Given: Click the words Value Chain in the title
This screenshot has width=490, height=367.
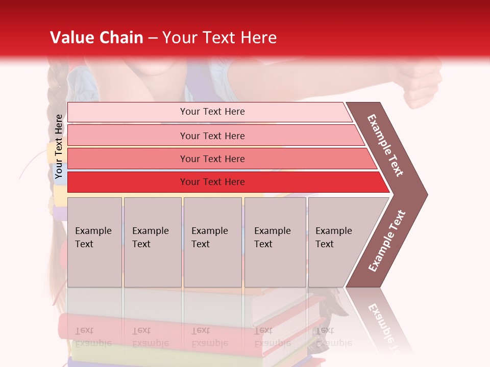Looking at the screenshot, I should (x=96, y=38).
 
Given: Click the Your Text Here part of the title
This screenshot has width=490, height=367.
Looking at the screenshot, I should (x=219, y=38).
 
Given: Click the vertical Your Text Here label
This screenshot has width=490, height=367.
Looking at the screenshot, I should (x=59, y=147).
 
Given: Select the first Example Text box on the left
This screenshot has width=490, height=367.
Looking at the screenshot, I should (x=94, y=242).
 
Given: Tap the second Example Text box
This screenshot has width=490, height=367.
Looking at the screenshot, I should (x=152, y=242).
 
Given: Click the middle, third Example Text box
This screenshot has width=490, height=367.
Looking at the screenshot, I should (x=212, y=242).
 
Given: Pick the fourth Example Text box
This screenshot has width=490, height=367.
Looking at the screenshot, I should (x=275, y=242).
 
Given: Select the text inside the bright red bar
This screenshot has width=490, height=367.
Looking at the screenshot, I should (x=212, y=182).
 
